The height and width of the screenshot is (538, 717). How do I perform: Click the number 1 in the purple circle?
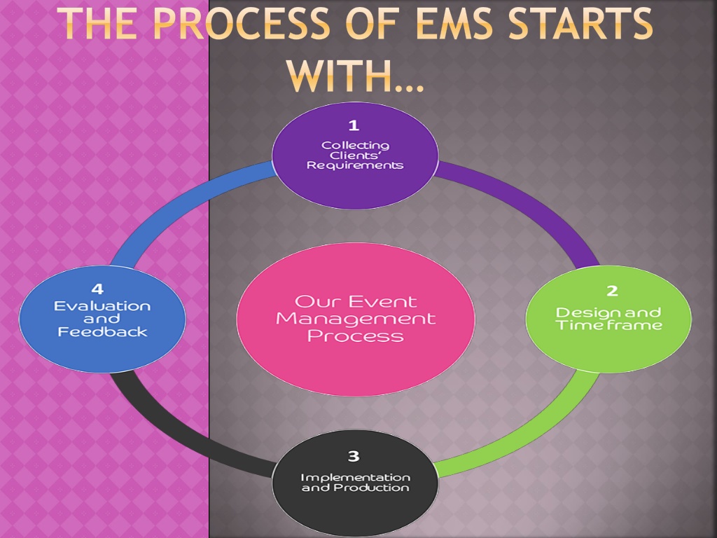tap(353, 125)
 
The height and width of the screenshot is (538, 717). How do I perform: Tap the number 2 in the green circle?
tap(612, 291)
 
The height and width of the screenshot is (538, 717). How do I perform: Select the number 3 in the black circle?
tap(354, 456)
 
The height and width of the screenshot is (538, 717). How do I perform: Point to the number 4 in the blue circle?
tap(97, 289)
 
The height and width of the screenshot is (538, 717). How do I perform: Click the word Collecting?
tap(355, 146)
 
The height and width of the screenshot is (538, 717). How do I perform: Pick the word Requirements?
tap(355, 165)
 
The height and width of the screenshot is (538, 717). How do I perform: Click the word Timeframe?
tap(609, 325)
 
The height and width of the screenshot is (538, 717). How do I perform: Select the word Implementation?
tap(355, 478)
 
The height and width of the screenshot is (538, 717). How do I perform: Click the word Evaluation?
tap(102, 306)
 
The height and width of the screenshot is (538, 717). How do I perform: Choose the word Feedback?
tap(102, 331)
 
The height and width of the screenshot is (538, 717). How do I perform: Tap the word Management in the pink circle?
tap(356, 319)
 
